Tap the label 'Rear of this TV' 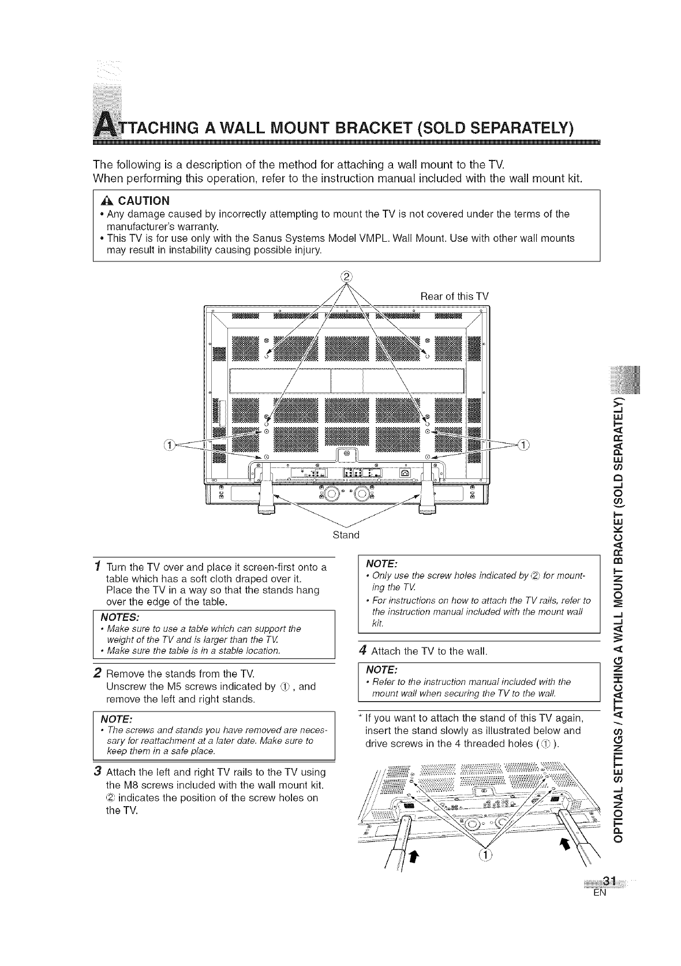click(x=454, y=297)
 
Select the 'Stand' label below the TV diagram click(x=346, y=535)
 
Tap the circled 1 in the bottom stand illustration click(x=485, y=855)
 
